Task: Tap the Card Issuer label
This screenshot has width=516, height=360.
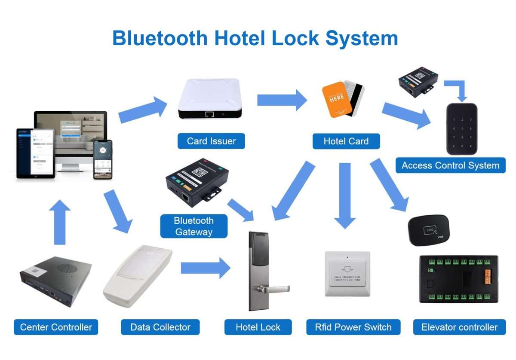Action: point(211,141)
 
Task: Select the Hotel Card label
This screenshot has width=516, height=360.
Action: point(346,141)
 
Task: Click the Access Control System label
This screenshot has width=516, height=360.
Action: point(450,165)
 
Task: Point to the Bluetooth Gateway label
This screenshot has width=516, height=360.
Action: point(193,226)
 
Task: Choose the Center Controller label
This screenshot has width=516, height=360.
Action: point(56,327)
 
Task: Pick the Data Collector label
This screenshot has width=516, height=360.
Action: point(160,327)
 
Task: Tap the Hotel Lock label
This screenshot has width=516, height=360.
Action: point(258,327)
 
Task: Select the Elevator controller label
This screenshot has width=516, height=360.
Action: point(459,327)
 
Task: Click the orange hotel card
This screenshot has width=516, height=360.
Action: point(337,100)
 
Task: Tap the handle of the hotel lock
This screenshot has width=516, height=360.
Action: point(275,287)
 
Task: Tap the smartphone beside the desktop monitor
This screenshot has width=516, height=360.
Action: point(103,159)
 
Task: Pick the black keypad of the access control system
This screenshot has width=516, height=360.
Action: point(461,128)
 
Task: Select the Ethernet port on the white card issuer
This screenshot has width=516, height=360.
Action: point(210,114)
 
